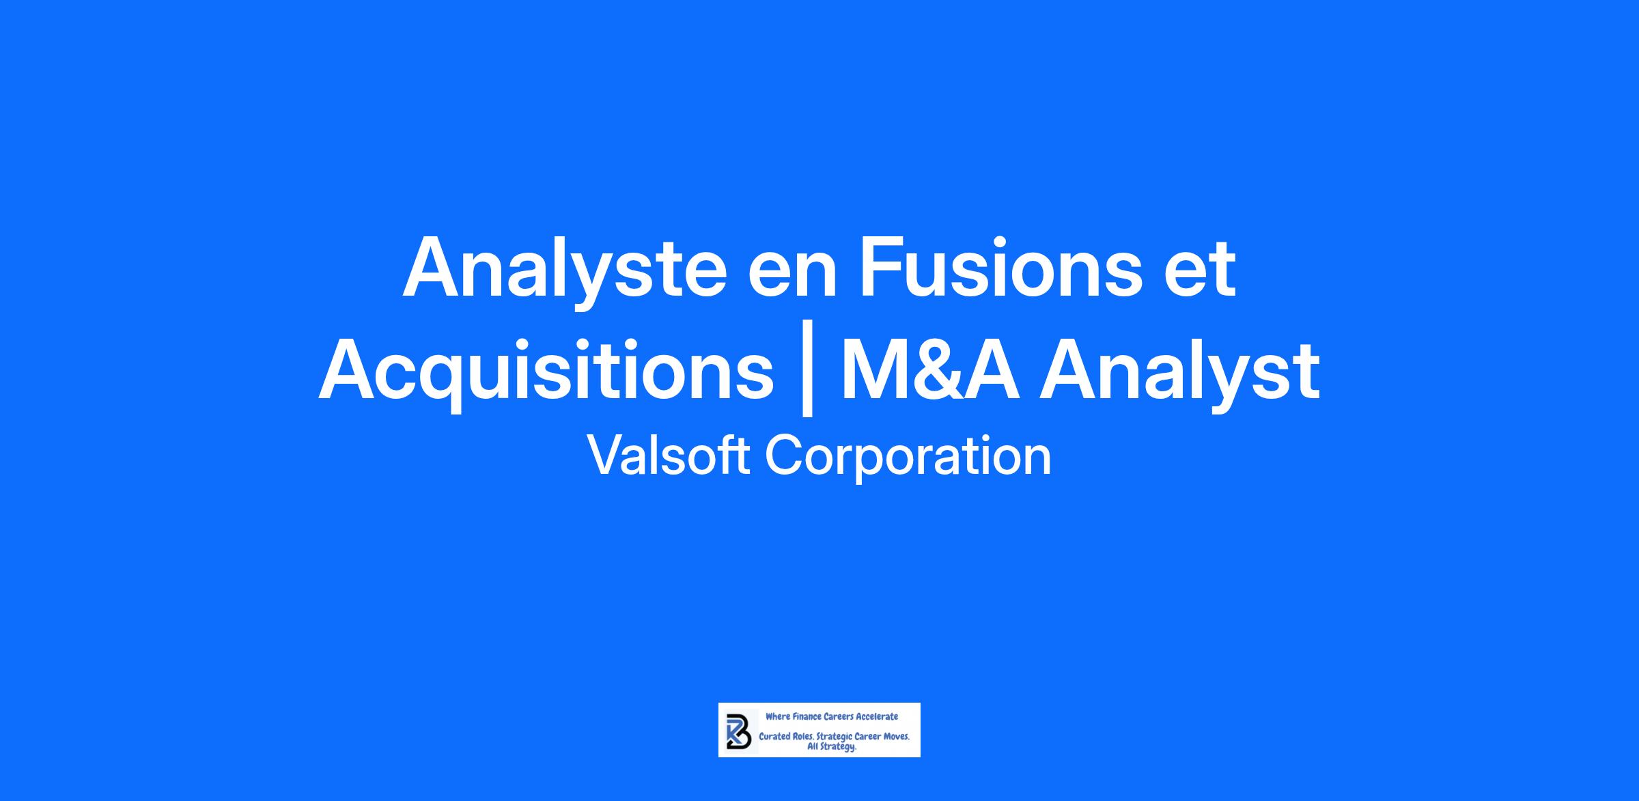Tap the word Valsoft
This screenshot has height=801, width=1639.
coord(669,455)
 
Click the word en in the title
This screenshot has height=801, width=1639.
coord(793,277)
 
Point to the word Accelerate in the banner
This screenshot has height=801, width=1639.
coord(877,716)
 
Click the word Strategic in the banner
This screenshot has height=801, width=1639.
coord(835,738)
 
